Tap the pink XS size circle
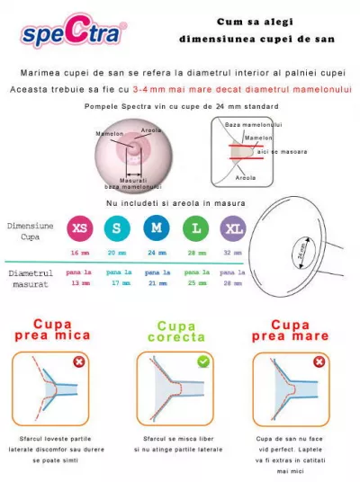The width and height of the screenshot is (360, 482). [x=79, y=228]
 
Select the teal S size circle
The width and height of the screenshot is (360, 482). [x=117, y=228]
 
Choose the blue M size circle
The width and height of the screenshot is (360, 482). [x=157, y=228]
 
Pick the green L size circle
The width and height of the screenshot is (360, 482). [x=195, y=228]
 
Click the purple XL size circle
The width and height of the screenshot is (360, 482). [x=233, y=228]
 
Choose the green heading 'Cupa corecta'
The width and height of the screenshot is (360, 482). [x=176, y=333]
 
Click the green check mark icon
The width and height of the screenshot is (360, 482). [x=203, y=361]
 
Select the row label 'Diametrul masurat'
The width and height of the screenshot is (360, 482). [x=31, y=277]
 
